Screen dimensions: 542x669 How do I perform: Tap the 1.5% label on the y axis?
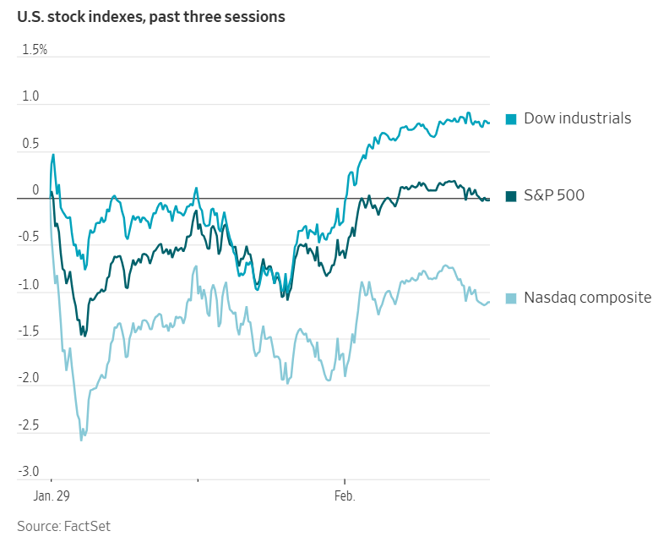(35, 50)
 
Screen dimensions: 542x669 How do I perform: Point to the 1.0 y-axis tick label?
(30, 96)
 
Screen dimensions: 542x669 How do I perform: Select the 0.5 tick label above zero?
(30, 144)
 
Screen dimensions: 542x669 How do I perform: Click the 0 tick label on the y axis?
(35, 190)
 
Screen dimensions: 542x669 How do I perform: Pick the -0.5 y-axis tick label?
(29, 238)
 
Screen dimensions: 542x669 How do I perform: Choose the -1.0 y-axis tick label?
(29, 284)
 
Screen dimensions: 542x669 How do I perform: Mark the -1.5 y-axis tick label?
(29, 331)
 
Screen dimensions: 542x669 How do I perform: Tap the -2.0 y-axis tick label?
(29, 378)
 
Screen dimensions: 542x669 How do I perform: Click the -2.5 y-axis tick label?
(29, 425)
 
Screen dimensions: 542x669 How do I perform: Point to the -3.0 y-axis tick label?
(29, 472)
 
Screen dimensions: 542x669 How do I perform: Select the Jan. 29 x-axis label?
(52, 495)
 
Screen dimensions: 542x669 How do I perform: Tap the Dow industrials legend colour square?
(511, 119)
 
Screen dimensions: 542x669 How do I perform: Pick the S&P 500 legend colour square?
(511, 196)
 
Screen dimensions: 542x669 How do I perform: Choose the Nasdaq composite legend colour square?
(511, 298)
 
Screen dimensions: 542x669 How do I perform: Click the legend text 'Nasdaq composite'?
(587, 298)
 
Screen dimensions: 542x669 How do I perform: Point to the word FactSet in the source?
(87, 526)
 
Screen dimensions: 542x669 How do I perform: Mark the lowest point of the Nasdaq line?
(81, 440)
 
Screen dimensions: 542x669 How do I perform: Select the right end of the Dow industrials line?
(489, 123)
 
